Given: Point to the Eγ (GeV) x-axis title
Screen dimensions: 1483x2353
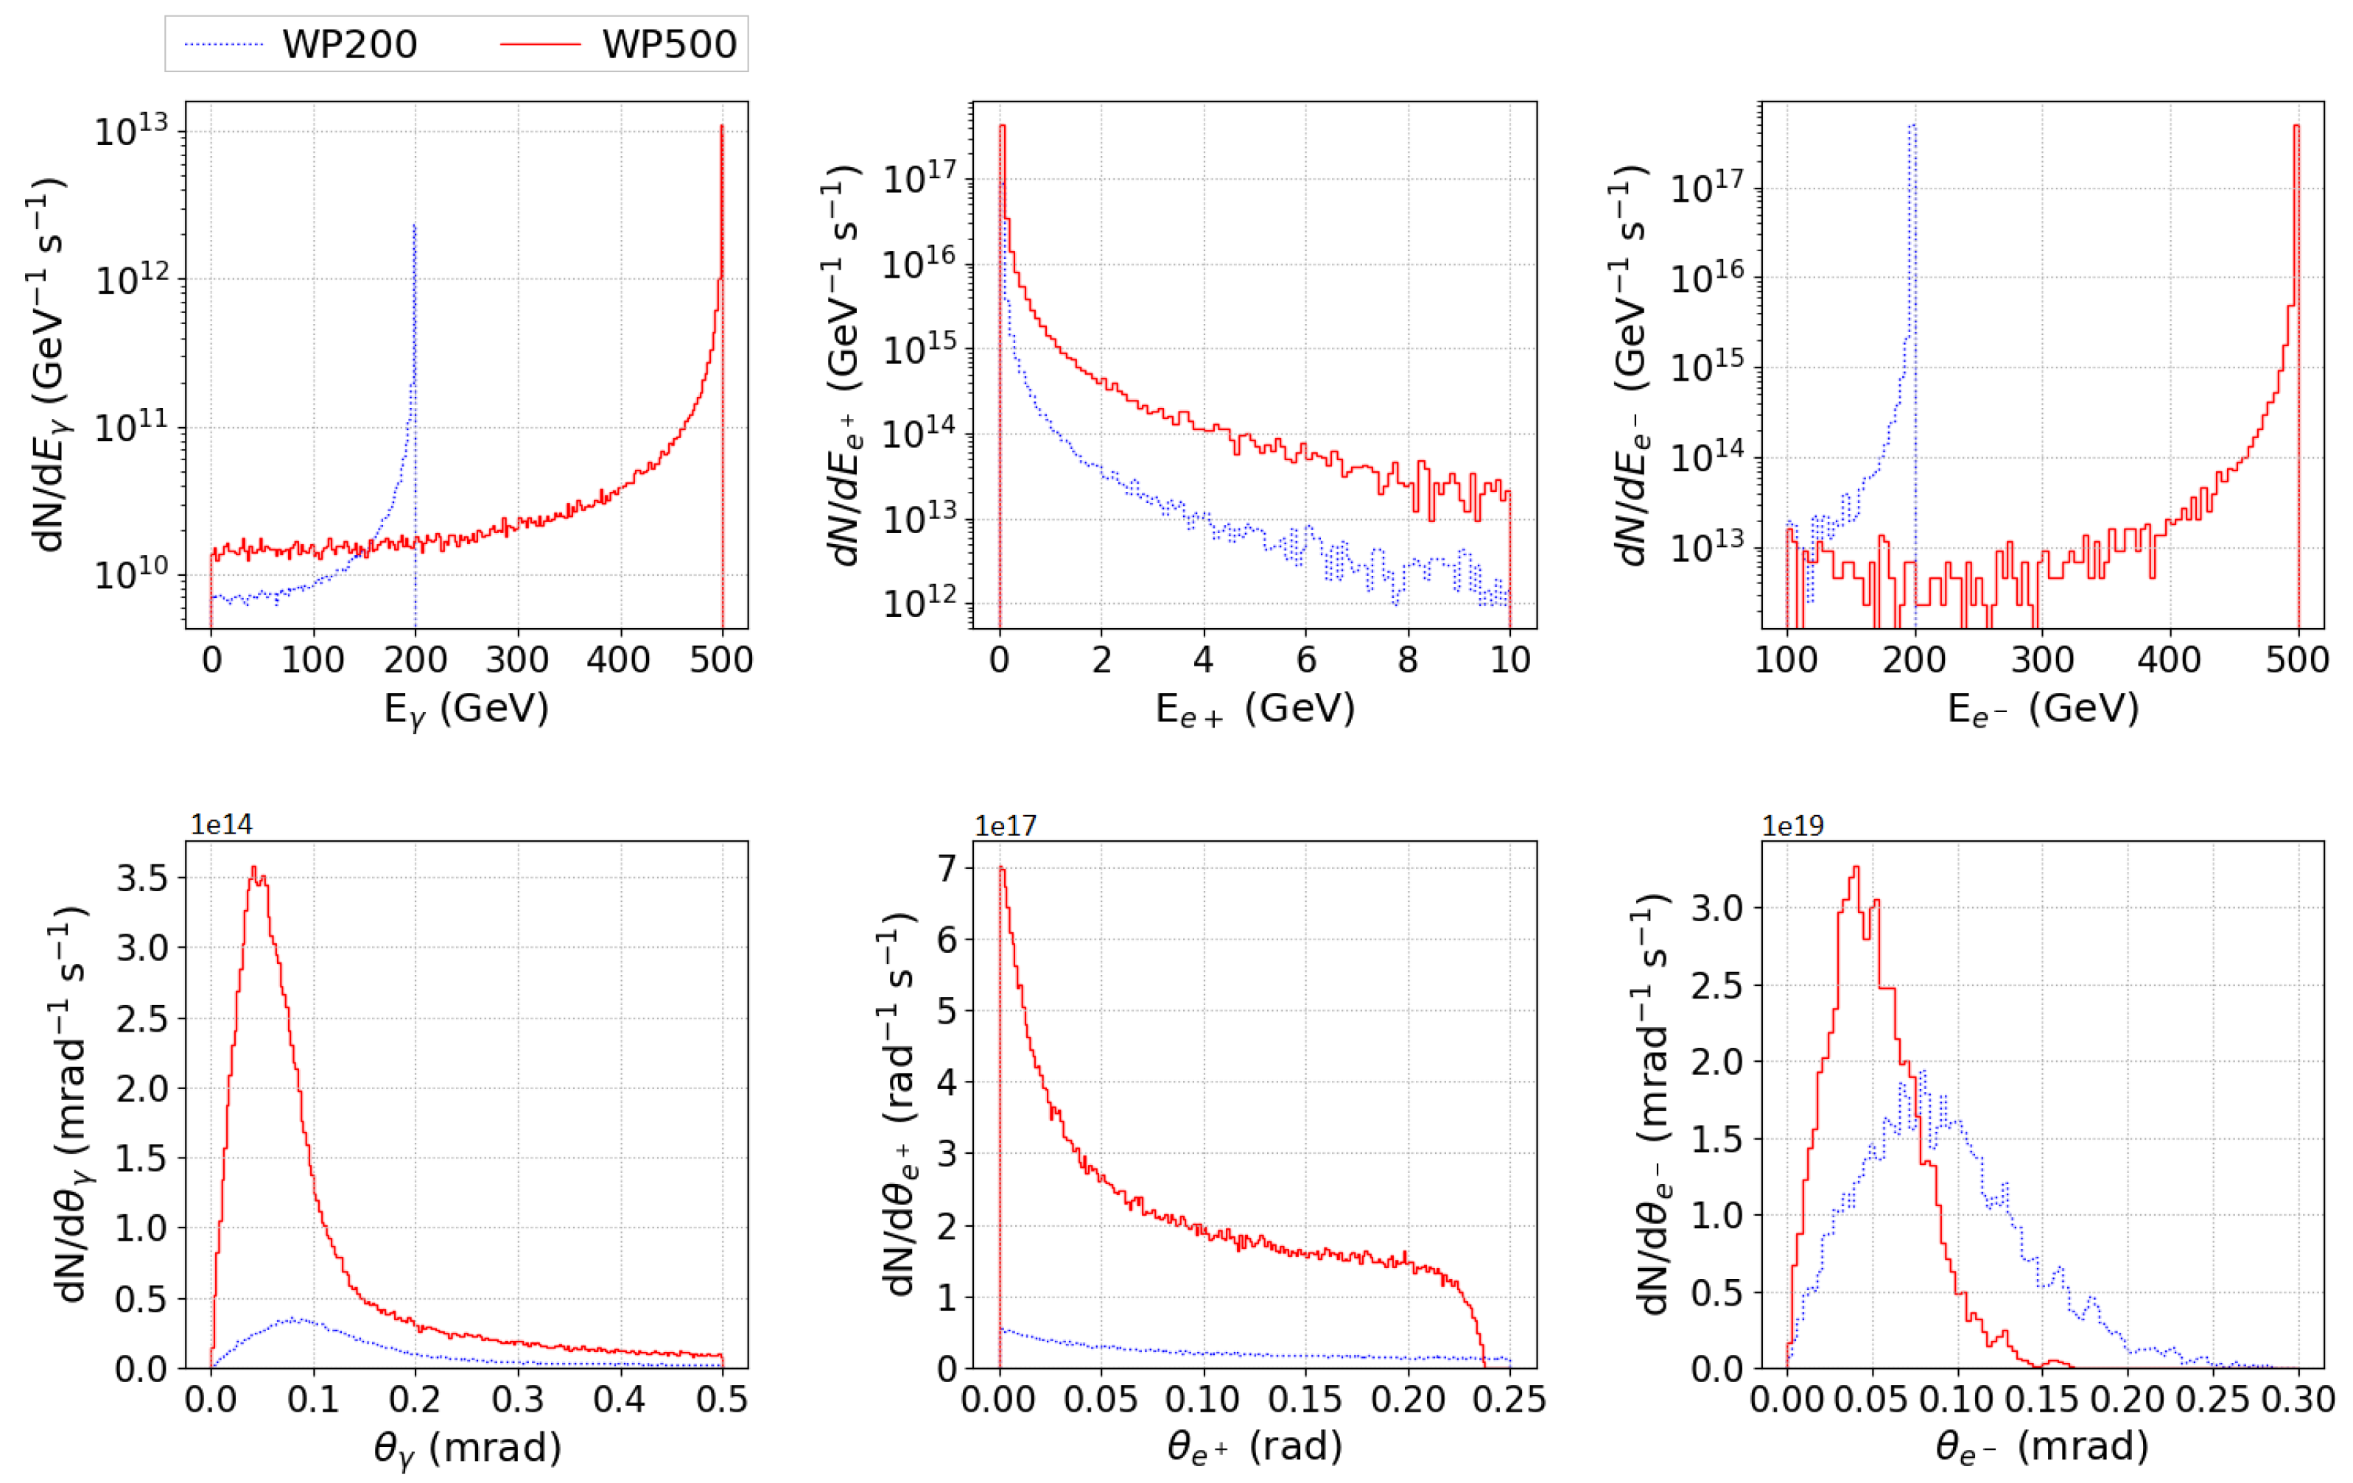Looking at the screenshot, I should click(466, 708).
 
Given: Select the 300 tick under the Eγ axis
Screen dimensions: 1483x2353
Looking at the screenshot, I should click(517, 661).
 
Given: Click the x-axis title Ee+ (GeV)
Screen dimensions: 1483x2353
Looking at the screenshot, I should click(1255, 708).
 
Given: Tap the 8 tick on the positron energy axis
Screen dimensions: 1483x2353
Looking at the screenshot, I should click(1407, 661).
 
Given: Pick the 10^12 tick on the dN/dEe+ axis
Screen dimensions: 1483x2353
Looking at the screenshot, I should click(919, 605).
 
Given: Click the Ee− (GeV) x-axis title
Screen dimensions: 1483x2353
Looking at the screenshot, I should click(2042, 708).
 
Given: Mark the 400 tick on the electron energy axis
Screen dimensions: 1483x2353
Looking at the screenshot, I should click(2170, 661).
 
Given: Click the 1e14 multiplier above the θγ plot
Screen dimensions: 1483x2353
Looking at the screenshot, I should click(221, 825).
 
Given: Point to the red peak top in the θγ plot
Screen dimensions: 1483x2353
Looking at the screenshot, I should click(254, 867).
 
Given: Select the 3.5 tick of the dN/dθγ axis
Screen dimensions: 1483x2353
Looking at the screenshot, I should click(143, 877).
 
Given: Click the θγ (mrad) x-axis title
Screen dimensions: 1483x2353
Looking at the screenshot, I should click(467, 1447).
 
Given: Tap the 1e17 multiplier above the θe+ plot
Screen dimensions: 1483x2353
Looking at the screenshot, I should click(1006, 825).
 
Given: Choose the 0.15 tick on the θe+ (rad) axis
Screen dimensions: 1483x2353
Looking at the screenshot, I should click(1305, 1400).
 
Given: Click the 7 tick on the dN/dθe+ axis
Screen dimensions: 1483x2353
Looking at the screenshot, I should click(947, 867).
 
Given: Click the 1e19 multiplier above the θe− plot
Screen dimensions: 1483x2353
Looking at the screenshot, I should click(1792, 825).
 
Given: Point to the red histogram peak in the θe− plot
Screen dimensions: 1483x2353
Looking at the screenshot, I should click(1856, 867).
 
